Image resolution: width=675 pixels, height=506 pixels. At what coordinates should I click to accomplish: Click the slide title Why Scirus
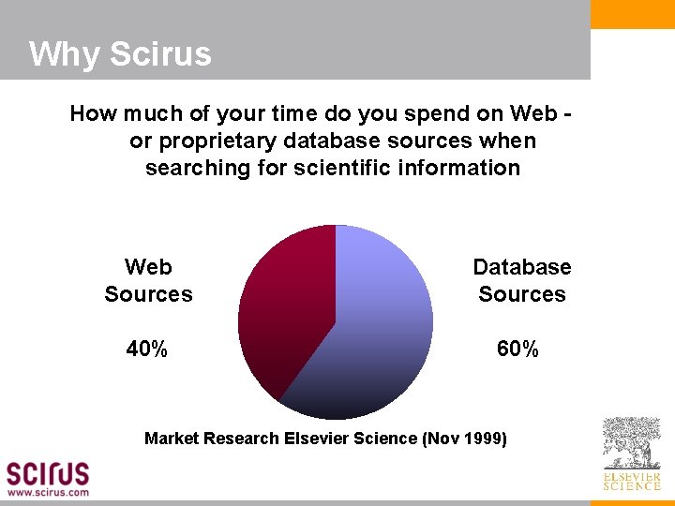point(120,54)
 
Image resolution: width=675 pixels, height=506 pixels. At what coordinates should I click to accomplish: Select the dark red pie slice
point(281,309)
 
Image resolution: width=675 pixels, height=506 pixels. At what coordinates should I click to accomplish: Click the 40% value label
point(147,350)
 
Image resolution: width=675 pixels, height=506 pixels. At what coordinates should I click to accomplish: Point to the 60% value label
point(517,350)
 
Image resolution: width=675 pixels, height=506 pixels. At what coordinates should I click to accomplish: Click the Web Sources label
point(148,281)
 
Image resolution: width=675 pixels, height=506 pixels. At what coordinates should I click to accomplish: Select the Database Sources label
point(522,281)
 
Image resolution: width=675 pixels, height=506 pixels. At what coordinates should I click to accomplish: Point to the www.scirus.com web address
point(49,491)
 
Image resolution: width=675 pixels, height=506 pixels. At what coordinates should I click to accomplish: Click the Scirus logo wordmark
point(48,472)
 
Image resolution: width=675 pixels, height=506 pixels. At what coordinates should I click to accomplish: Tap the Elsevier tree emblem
point(631,443)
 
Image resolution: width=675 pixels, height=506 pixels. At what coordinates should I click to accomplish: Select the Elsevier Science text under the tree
point(631,481)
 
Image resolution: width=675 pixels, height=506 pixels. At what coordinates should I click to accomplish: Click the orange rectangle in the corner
point(632,14)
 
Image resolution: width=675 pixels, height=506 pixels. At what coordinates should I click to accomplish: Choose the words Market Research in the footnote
point(211,438)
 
